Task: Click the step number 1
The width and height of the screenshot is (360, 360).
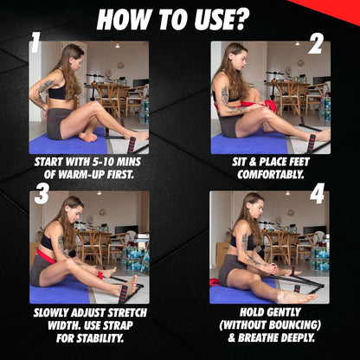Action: point(35,43)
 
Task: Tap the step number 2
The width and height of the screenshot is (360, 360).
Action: point(315,44)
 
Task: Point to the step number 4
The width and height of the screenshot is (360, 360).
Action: point(317,195)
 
